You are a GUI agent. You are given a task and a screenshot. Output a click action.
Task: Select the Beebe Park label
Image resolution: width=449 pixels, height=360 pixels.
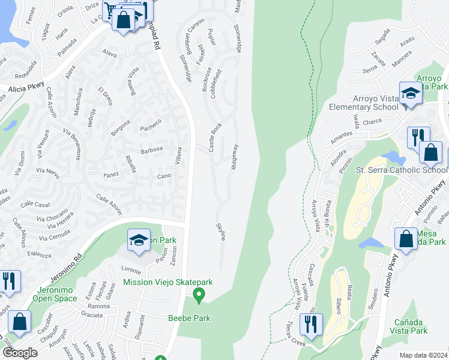189,318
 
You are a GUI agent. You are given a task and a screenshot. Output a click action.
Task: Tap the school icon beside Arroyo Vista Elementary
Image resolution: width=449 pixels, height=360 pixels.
411,95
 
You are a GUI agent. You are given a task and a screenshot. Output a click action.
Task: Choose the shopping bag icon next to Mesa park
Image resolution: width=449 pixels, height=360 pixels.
406,239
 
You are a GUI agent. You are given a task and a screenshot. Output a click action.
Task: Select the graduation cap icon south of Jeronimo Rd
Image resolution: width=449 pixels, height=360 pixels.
139,242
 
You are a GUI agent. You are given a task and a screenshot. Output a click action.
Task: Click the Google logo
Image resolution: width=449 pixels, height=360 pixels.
20,352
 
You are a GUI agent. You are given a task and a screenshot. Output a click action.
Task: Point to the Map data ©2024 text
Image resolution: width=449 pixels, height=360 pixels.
423,355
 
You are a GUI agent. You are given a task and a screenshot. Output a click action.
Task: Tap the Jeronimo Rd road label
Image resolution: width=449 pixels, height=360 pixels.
69,259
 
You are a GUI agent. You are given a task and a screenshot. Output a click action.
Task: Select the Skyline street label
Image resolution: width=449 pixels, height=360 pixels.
221,231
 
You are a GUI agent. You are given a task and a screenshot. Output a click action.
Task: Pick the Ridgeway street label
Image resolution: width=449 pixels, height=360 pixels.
235,157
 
